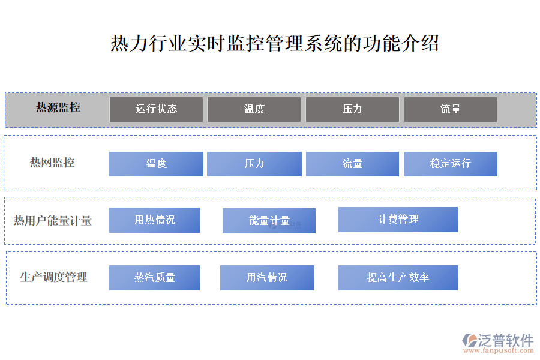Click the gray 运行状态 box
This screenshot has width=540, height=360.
coord(156,109)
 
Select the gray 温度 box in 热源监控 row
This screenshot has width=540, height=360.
coord(254,109)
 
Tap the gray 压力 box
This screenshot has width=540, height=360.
coord(352,109)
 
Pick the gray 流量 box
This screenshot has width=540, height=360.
coord(451,109)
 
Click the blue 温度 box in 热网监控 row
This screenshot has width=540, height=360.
coord(156,164)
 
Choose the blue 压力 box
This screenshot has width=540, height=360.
coord(254,164)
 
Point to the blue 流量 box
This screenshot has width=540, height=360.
coord(352,164)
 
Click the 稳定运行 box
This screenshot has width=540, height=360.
coord(451,164)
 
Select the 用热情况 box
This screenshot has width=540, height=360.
coord(154,220)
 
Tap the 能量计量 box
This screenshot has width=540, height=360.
coord(269,221)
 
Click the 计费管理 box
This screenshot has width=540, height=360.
coord(398,220)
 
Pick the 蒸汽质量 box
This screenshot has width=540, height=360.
coord(154,278)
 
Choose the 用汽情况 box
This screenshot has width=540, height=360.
coord(267,278)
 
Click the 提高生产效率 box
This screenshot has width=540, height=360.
coord(398,278)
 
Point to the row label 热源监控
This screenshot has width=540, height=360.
coord(58,107)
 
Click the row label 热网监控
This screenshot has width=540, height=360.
coord(52,163)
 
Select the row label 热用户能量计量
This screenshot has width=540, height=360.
coord(53,221)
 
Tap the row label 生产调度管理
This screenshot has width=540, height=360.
coord(54,277)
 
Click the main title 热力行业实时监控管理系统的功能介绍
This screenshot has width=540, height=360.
coord(274,43)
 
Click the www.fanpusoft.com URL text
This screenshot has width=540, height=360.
coord(499,350)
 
